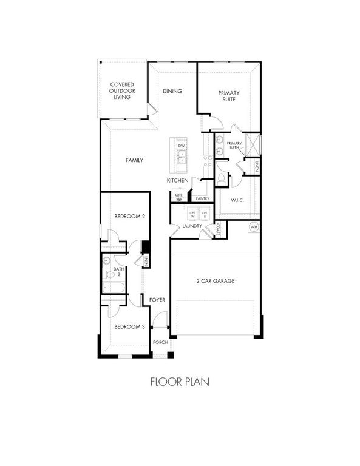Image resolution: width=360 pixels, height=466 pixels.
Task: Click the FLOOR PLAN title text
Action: pyautogui.click(x=180, y=383)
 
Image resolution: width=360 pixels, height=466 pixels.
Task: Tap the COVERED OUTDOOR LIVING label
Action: pyautogui.click(x=122, y=90)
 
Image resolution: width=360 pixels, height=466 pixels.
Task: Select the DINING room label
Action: pyautogui.click(x=172, y=92)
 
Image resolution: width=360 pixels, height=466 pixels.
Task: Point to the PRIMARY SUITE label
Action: pyautogui.click(x=229, y=96)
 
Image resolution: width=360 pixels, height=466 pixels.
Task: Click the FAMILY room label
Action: pyautogui.click(x=134, y=160)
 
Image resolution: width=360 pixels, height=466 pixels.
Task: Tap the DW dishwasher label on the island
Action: pyautogui.click(x=181, y=146)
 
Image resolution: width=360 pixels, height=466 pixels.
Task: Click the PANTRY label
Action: pyautogui.click(x=202, y=198)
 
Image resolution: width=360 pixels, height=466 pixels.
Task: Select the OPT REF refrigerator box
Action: pyautogui.click(x=179, y=197)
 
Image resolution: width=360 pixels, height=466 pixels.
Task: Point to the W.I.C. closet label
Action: pyautogui.click(x=237, y=200)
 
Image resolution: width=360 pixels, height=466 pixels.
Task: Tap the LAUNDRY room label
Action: pyautogui.click(x=192, y=226)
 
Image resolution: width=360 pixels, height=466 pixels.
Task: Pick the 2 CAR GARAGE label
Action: pyautogui.click(x=215, y=281)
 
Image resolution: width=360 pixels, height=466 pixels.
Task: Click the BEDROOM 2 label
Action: pyautogui.click(x=129, y=216)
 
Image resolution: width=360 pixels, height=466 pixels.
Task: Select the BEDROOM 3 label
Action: pyautogui.click(x=129, y=326)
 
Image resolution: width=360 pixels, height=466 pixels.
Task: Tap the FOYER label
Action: pyautogui.click(x=157, y=300)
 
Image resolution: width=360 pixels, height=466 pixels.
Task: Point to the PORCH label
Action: pyautogui.click(x=160, y=342)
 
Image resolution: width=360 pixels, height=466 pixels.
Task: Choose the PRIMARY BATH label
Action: pyautogui.click(x=235, y=145)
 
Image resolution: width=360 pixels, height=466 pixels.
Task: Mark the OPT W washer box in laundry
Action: pyautogui.click(x=192, y=214)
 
